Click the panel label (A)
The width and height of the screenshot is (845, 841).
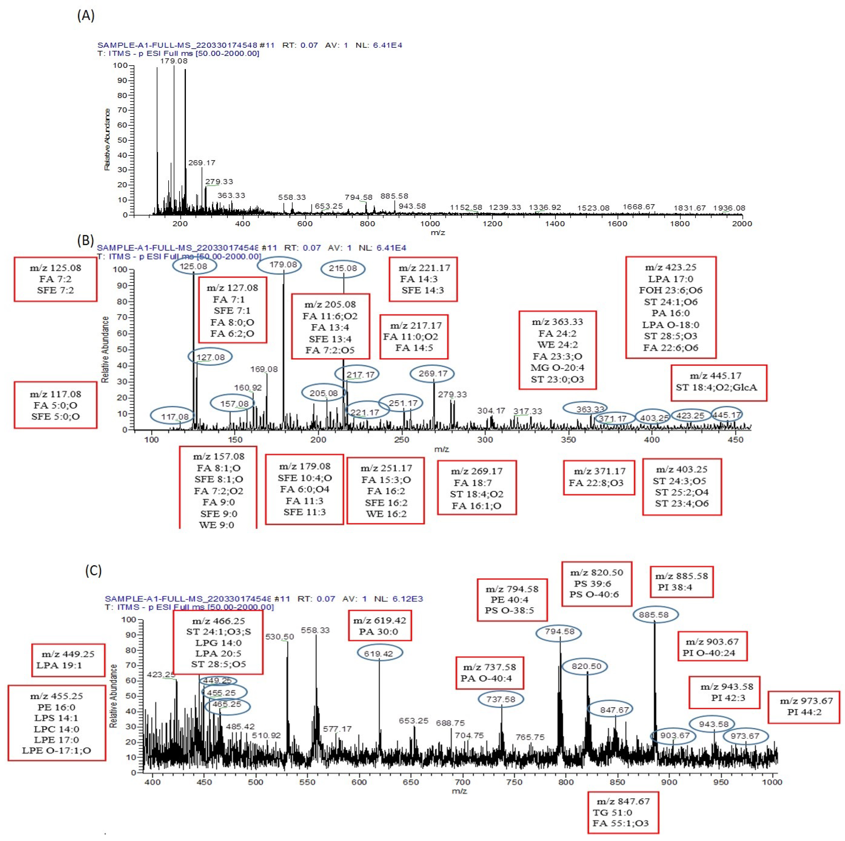point(86,16)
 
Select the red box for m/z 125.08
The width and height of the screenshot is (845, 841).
point(56,279)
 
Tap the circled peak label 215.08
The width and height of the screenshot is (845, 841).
point(343,268)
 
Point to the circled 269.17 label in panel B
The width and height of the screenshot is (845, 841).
point(432,374)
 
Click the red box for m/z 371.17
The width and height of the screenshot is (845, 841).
point(599,477)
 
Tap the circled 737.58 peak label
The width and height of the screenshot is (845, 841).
point(501,699)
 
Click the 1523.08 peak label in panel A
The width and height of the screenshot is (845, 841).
point(593,208)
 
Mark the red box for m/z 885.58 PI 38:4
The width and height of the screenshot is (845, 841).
point(681,582)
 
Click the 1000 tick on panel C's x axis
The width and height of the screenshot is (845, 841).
point(772,782)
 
